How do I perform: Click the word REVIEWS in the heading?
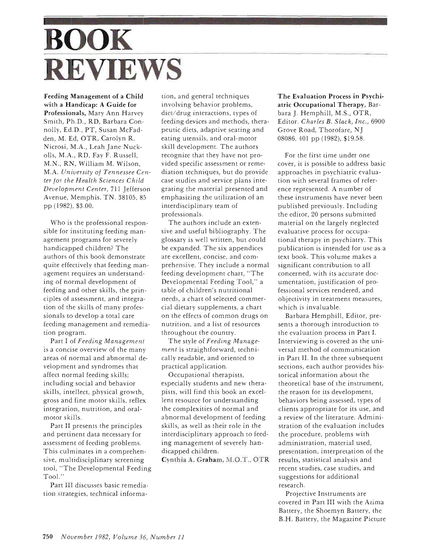(113, 69)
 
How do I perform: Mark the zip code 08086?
(287, 138)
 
